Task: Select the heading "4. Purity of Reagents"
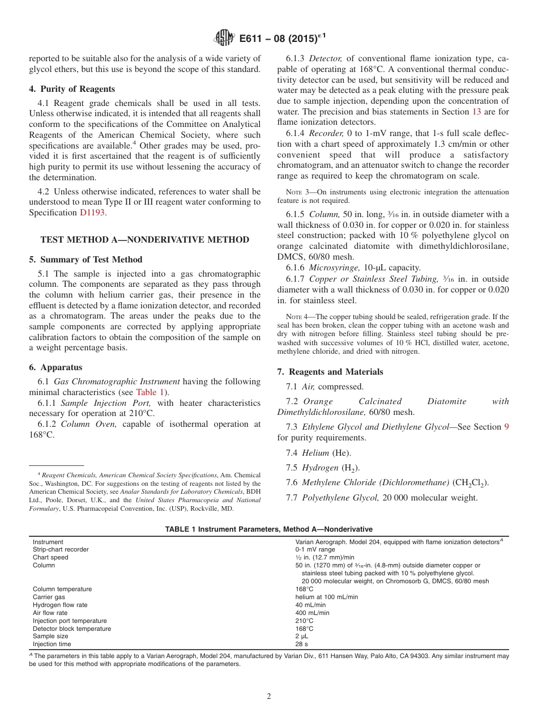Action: point(72,89)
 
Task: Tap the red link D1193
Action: point(92,213)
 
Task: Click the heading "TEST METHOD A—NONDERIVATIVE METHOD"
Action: point(145,240)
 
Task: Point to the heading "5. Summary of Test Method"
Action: point(86,260)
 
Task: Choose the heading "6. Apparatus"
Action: point(55,367)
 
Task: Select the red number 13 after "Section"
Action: point(476,112)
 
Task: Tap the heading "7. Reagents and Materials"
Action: point(330,372)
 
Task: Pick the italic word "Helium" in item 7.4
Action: point(315,452)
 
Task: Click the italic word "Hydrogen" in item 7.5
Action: point(320,468)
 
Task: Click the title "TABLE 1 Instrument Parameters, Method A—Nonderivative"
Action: point(268,529)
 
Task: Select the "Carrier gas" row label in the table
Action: point(49,597)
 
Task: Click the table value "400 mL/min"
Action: point(312,613)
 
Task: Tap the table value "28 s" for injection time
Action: point(301,644)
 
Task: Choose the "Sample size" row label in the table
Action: point(49,637)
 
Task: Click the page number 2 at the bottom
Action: point(269,697)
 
